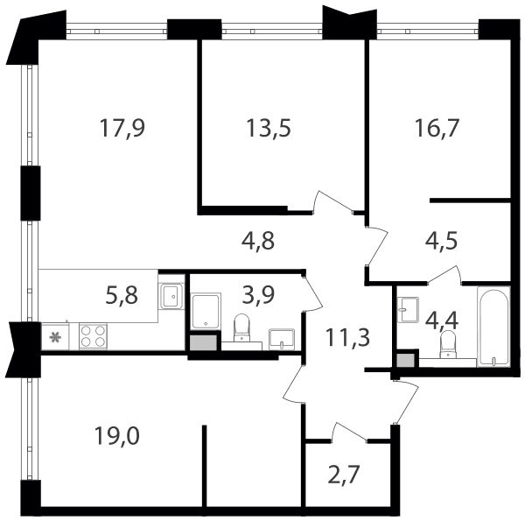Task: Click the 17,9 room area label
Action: pos(122,128)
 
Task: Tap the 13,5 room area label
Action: pos(269,128)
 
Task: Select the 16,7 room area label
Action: pos(437,128)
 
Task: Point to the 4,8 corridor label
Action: pos(258,241)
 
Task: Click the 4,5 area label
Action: pos(441,241)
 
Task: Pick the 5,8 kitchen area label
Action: pos(122,295)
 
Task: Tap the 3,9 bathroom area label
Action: pos(258,295)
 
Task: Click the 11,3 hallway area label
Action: pos(348,337)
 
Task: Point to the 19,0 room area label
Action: pos(117,436)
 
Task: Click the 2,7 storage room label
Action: pos(344,475)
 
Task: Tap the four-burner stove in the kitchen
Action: pos(93,336)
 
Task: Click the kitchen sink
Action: pos(171,296)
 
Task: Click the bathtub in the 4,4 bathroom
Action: pos(493,326)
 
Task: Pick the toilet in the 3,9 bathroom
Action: pos(241,327)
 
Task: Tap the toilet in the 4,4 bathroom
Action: pos(447,344)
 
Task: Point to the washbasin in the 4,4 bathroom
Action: pos(408,310)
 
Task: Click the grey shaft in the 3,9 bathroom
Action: pos(203,342)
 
